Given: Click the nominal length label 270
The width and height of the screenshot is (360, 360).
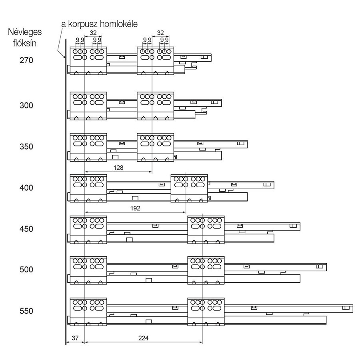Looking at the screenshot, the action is [26, 60].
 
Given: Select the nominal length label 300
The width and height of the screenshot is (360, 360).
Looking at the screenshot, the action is [26, 105].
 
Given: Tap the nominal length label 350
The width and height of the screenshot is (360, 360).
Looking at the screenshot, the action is [26, 146].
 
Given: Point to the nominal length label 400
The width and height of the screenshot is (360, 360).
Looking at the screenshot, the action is [26, 188].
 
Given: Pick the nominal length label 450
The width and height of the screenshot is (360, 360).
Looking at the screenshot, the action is [26, 229].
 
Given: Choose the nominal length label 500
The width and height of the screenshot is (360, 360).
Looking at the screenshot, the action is [26, 270].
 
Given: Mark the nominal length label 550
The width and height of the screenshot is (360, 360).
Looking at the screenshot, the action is [26, 311].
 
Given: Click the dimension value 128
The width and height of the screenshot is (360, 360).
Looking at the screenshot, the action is [118, 168].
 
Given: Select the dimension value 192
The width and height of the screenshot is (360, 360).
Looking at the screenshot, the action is [135, 208].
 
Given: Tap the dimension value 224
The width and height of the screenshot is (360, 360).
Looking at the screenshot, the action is [144, 338].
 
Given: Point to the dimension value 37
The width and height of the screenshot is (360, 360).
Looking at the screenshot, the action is [75, 338].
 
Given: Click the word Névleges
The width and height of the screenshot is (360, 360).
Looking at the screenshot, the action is [25, 32].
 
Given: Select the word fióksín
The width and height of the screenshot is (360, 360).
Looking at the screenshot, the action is [25, 43].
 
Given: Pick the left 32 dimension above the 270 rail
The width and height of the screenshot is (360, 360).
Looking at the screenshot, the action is [93, 33].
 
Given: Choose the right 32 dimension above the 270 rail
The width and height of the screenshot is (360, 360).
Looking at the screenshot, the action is [160, 33].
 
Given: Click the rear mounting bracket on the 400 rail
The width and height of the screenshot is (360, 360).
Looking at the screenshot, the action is [190, 188].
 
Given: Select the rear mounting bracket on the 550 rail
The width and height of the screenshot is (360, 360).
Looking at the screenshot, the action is [206, 312].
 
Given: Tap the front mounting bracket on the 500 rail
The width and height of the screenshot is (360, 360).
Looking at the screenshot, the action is [88, 270].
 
